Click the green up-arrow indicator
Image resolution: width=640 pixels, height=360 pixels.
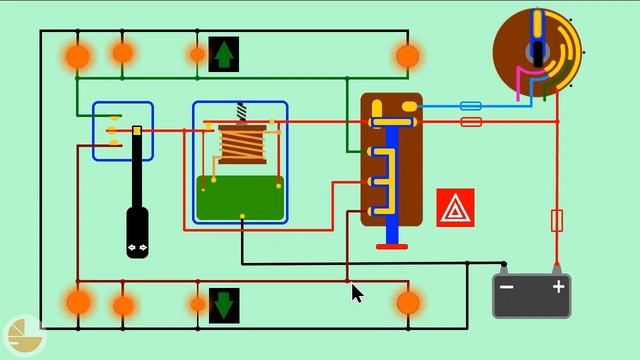[224, 54]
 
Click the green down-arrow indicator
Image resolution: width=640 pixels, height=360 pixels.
[224, 304]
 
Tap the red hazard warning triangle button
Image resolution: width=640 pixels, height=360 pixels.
[455, 208]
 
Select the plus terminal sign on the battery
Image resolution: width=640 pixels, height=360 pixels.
[558, 288]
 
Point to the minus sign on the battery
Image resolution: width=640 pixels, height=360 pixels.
[507, 288]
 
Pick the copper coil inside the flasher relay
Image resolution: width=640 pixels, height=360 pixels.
[242, 144]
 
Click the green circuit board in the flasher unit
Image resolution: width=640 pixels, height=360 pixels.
[240, 198]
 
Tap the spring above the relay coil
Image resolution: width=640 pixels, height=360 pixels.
[241, 112]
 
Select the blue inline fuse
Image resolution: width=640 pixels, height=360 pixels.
[470, 105]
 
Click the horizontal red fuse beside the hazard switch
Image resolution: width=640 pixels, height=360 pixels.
[470, 122]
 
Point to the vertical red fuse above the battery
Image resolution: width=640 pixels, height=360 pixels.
[558, 220]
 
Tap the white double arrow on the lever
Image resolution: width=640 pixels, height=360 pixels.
[137, 247]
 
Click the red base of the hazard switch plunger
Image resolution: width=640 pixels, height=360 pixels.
[392, 246]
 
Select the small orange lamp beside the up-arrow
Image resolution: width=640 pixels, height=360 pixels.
[198, 54]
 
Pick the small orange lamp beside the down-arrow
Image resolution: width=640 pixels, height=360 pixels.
[198, 304]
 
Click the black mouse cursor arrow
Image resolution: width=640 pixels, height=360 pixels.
[357, 292]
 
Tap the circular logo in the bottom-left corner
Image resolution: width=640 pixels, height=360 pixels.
[21, 336]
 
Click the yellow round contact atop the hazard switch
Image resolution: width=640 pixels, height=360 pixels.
[409, 105]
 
